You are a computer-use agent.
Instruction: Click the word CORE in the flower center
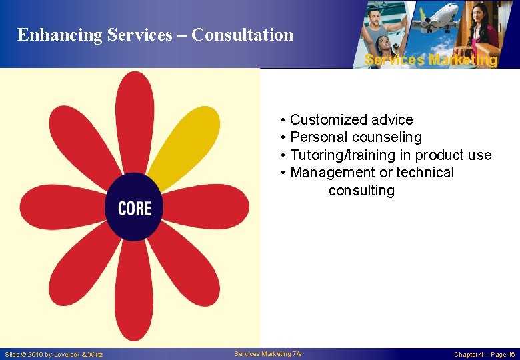[135, 209]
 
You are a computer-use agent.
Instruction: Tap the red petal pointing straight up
[135, 120]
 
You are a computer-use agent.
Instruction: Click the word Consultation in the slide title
[242, 35]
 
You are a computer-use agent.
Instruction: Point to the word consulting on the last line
[361, 191]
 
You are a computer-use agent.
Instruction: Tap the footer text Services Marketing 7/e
[268, 353]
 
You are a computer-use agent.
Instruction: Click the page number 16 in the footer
[511, 354]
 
